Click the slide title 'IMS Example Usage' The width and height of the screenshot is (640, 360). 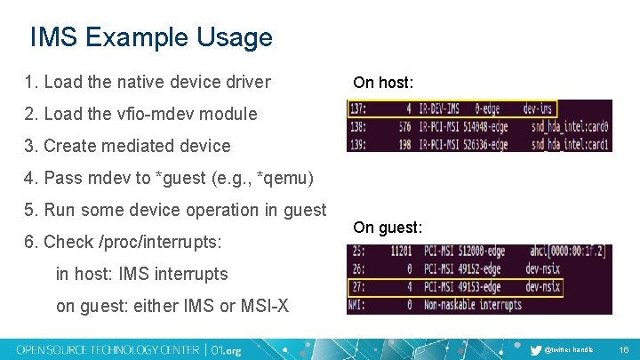(x=150, y=37)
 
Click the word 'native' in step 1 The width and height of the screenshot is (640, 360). (x=148, y=82)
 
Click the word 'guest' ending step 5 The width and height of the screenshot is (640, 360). (x=304, y=210)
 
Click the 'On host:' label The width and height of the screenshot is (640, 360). (x=383, y=83)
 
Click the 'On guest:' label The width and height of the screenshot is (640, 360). (x=388, y=228)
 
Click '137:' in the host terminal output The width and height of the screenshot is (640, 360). (x=360, y=109)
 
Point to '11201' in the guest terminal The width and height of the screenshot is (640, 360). (x=402, y=253)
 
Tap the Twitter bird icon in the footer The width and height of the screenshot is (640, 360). (x=535, y=349)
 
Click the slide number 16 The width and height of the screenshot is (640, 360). (x=624, y=349)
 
